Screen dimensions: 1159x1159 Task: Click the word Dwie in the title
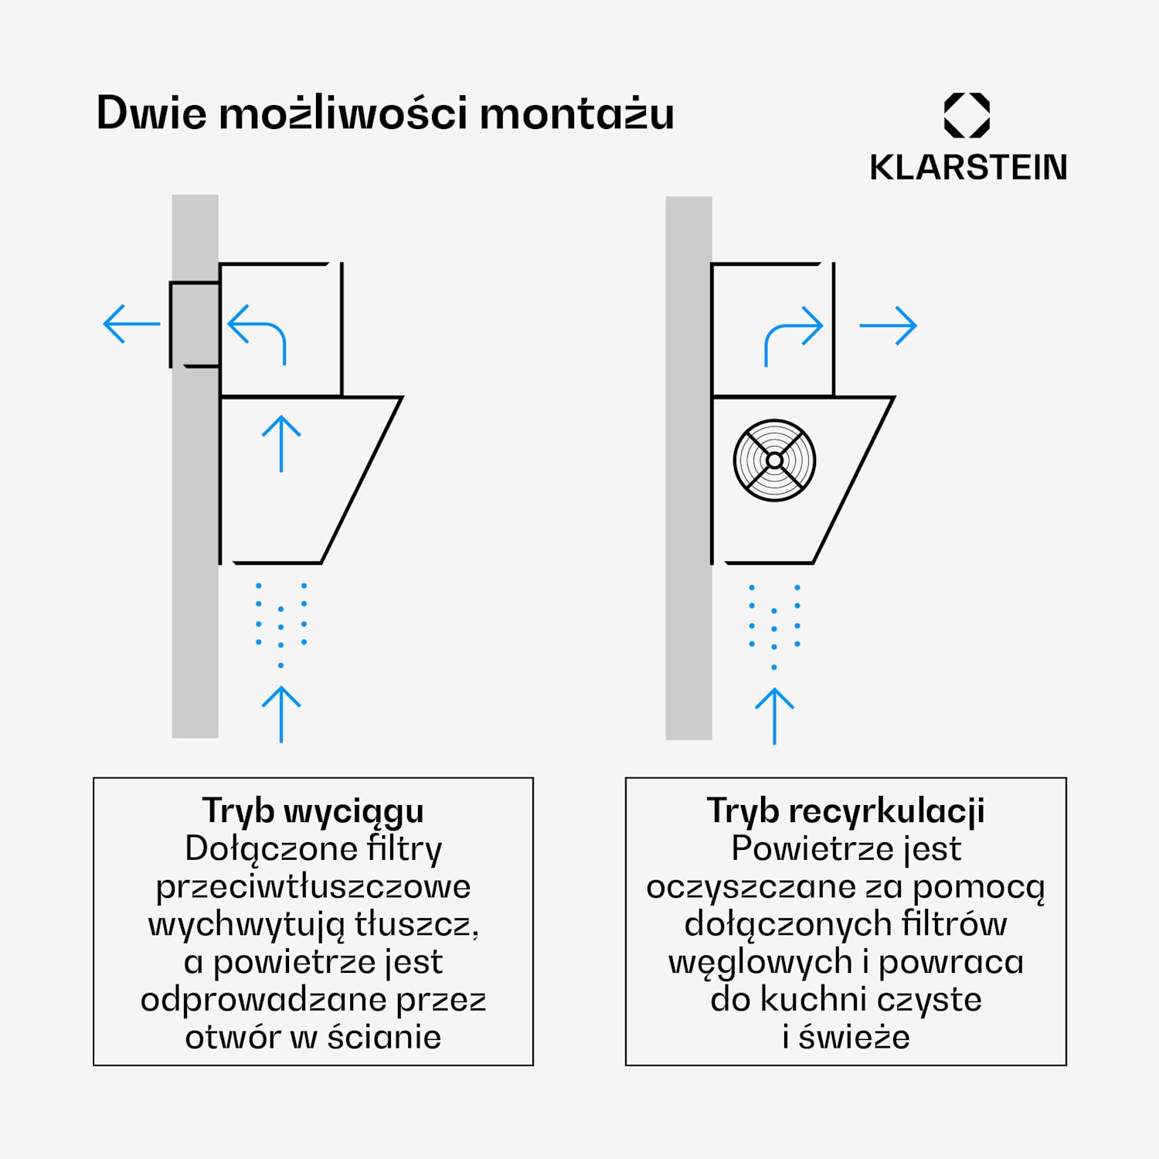point(151,114)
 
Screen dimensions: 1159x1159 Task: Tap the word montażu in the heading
point(576,114)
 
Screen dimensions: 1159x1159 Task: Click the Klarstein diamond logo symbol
point(967,116)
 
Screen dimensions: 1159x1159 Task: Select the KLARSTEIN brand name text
point(968,168)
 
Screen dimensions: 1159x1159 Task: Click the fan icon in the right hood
point(774,461)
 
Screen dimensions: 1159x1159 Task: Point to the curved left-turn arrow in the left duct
point(259,331)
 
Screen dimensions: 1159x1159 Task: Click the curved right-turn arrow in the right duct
point(793,333)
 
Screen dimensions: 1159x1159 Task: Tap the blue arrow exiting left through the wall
point(131,324)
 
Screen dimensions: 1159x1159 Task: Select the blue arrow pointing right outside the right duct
point(888,325)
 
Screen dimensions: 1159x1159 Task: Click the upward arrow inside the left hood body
point(281,444)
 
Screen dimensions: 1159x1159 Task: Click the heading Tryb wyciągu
point(313,811)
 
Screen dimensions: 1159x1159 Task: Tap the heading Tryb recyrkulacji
point(846,811)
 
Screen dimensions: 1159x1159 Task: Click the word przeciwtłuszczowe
point(313,887)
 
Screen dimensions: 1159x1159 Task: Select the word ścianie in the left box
point(384,1038)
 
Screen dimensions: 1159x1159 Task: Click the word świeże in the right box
point(854,1038)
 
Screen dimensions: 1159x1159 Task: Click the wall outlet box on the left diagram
point(194,325)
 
